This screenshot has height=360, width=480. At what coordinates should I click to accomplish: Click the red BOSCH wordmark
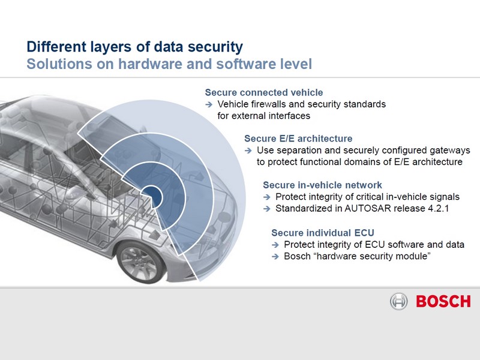pyautogui.click(x=443, y=302)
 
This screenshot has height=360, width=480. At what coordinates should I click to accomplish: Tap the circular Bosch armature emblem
pyautogui.click(x=398, y=302)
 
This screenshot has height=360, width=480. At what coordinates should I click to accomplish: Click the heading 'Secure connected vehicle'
pyautogui.click(x=264, y=92)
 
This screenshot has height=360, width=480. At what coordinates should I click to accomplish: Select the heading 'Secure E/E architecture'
pyautogui.click(x=298, y=139)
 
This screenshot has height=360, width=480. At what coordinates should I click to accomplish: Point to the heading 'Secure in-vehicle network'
pyautogui.click(x=322, y=185)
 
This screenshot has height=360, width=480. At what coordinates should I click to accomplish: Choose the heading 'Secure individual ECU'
pyautogui.click(x=323, y=233)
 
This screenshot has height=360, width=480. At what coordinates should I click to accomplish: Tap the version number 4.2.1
pyautogui.click(x=438, y=208)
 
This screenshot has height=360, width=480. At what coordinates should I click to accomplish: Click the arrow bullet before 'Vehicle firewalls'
pyautogui.click(x=209, y=104)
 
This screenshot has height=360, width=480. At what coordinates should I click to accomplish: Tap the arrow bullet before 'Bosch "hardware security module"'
pyautogui.click(x=275, y=257)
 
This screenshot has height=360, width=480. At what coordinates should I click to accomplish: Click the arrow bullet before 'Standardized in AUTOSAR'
pyautogui.click(x=267, y=209)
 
